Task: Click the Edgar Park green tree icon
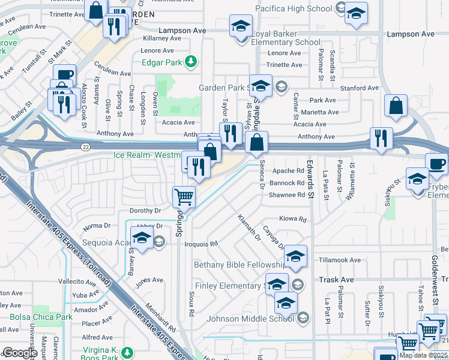191,61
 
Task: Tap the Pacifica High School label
293,8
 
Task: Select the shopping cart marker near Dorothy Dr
184,197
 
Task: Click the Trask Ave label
336,280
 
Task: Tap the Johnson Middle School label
250,319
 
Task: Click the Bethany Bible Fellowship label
239,265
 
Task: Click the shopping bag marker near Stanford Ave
396,106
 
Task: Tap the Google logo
20,352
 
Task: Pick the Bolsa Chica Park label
41,317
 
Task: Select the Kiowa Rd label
292,220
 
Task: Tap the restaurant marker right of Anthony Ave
381,137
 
